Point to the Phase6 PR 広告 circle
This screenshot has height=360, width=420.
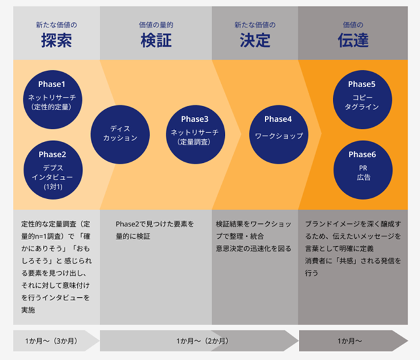tap(362, 166)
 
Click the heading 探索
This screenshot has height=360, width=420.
tap(57, 41)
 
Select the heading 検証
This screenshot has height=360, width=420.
tap(156, 41)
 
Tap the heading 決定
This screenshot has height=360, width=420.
tap(255, 41)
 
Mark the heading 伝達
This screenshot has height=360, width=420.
tap(353, 41)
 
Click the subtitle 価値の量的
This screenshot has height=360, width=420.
tap(156, 25)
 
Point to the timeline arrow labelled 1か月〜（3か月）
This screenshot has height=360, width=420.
tap(53, 341)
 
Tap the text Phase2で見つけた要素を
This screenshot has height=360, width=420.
tap(155, 223)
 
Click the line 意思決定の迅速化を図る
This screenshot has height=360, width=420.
tap(253, 248)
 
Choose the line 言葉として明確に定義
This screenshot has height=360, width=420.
tap(342, 248)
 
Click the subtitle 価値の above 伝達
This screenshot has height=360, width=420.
tap(353, 25)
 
